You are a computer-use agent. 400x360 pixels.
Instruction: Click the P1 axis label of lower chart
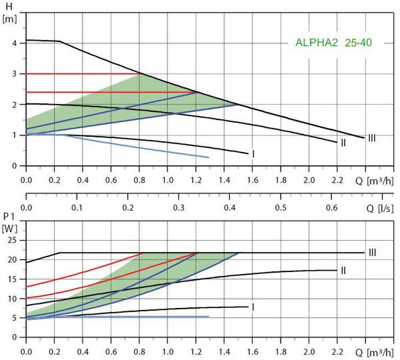pos(9,218)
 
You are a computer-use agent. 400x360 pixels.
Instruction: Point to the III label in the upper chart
pos(371,138)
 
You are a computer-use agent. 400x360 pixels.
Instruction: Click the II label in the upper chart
pos(343,142)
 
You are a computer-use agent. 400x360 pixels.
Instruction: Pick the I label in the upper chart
pos(253,154)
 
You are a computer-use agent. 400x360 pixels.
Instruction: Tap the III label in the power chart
pos(371,252)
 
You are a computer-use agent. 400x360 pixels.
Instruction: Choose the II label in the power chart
pos(343,270)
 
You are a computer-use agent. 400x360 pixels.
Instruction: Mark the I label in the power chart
pos(253,307)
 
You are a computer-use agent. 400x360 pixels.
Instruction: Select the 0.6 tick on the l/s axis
pos(331,208)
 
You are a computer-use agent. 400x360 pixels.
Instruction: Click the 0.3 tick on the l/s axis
pos(179,208)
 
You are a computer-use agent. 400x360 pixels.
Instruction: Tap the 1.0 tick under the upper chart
pos(167,180)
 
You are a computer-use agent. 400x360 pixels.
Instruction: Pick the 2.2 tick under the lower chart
pos(337,351)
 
